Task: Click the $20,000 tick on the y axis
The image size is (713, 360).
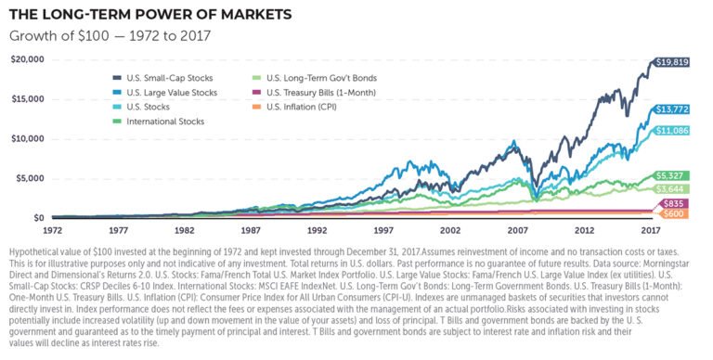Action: pos(26,58)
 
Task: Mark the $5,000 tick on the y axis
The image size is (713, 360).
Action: pos(28,178)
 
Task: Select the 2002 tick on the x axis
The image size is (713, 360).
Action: pos(450,229)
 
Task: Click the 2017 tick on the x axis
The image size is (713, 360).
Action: pos(652,229)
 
